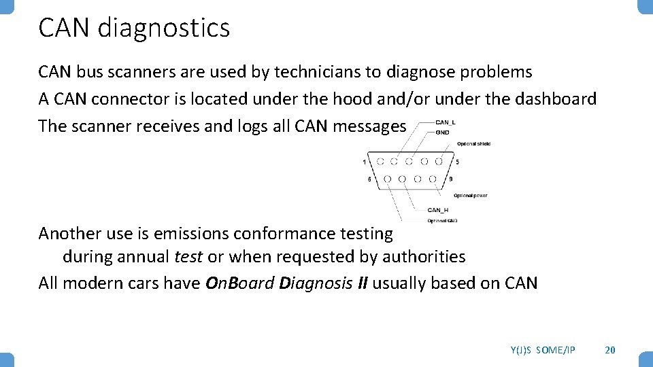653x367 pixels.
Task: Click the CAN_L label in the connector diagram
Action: coord(446,122)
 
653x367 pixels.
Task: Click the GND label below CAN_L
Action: coord(442,132)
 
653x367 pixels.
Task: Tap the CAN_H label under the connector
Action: coord(438,210)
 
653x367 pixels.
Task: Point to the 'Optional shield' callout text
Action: coord(474,143)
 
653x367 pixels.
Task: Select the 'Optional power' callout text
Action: coord(471,196)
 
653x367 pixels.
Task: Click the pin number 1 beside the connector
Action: coord(365,162)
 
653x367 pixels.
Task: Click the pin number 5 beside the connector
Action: coord(458,162)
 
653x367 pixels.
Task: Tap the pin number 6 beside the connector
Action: coord(369,179)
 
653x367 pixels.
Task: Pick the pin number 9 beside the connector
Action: coord(451,179)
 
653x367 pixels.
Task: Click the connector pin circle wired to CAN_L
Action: coord(395,162)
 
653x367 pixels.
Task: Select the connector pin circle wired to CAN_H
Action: coord(402,179)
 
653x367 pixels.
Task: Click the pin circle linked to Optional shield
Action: coord(439,162)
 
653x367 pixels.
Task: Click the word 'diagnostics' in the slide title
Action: coord(164,29)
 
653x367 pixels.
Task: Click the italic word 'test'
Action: coord(188,257)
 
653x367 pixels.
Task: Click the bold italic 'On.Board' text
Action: coord(239,283)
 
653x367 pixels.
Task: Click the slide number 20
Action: coord(610,349)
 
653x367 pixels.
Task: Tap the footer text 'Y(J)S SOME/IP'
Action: coord(543,349)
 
